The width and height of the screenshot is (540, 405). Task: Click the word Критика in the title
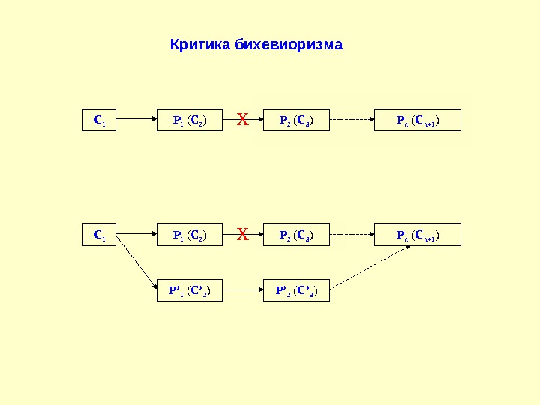click(x=200, y=45)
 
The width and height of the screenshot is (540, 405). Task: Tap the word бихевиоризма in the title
click(x=289, y=45)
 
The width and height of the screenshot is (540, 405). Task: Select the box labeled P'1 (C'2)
click(x=190, y=289)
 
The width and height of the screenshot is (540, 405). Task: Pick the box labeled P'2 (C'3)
click(x=297, y=289)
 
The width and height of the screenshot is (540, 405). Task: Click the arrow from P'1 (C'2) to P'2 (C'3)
click(x=244, y=289)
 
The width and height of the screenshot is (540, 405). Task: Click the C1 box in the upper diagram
click(x=99, y=119)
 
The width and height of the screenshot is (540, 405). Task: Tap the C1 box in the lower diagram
click(x=99, y=235)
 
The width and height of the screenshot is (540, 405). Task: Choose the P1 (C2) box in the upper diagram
click(x=190, y=119)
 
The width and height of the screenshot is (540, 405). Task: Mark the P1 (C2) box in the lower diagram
click(x=190, y=235)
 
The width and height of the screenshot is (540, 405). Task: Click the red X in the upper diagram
click(x=242, y=118)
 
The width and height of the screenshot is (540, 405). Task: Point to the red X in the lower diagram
click(x=242, y=235)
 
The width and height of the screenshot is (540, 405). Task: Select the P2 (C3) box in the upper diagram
click(x=297, y=119)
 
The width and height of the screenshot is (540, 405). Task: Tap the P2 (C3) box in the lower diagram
click(x=297, y=235)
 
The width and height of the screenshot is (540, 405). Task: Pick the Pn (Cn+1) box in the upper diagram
click(x=418, y=119)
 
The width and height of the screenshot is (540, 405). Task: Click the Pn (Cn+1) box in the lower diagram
click(x=418, y=235)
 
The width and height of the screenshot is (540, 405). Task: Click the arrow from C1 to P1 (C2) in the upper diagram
click(x=136, y=119)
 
